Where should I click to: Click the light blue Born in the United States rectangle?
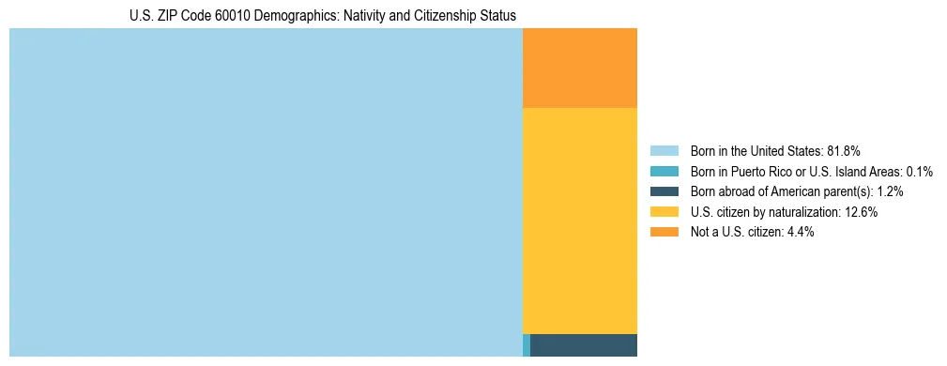[x=266, y=192]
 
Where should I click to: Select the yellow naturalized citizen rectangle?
[x=579, y=221]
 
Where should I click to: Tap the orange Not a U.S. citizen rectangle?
[x=579, y=69]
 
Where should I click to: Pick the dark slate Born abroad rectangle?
[x=584, y=345]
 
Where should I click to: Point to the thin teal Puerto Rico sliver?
[x=527, y=345]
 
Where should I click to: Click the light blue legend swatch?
[x=664, y=150]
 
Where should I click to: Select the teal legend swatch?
[x=664, y=171]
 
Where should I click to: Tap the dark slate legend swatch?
[x=664, y=191]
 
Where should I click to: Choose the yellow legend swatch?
[x=664, y=212]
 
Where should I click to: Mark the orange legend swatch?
[x=664, y=232]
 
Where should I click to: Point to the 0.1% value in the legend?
[x=918, y=171]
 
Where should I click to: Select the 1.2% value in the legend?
[x=890, y=191]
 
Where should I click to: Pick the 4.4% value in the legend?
[x=799, y=232]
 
